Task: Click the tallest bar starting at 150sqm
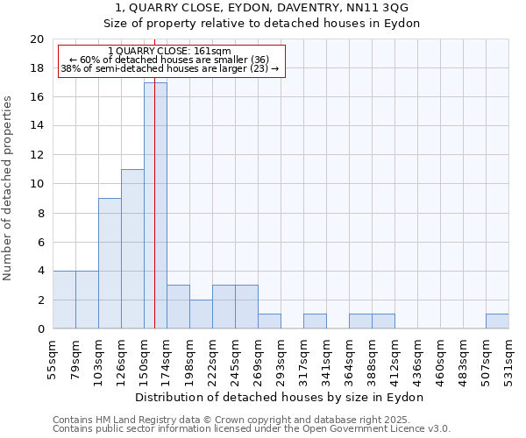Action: tap(155, 205)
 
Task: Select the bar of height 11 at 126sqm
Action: tap(132, 249)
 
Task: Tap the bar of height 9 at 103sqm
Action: tap(110, 263)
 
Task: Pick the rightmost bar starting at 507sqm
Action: tap(497, 321)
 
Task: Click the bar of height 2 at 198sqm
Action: tap(201, 314)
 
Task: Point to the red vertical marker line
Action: tap(154, 219)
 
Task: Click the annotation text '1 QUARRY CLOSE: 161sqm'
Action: tap(169, 52)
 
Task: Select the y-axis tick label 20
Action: tap(36, 39)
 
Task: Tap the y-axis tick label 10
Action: tap(36, 184)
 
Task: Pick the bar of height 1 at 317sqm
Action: tap(315, 321)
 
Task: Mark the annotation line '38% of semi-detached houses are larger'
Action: tap(169, 68)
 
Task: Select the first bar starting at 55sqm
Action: tap(64, 300)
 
